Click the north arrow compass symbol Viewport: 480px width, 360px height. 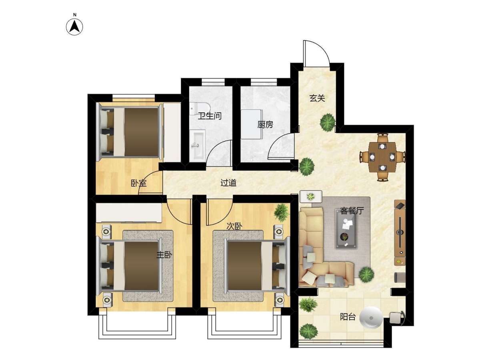[74, 27]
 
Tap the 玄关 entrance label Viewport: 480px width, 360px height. [317, 98]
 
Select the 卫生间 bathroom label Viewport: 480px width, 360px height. [210, 116]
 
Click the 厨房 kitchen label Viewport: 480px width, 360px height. [265, 125]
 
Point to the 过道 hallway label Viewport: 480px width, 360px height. [228, 183]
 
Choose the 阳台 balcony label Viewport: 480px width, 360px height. [348, 317]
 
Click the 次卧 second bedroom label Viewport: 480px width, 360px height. [234, 227]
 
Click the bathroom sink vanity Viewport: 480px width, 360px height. [197, 146]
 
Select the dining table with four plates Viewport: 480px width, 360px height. [382, 157]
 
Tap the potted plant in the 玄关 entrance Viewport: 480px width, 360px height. [328, 122]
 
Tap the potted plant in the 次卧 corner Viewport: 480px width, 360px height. [282, 212]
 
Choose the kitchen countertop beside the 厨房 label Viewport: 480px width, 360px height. [252, 124]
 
